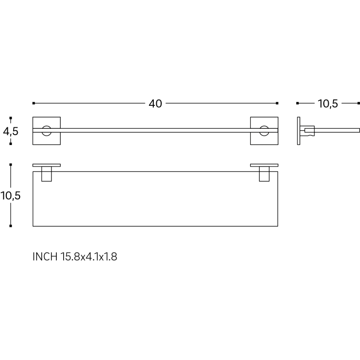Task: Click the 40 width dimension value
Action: click(x=155, y=103)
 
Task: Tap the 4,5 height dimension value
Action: click(x=11, y=131)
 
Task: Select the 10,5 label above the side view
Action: click(x=328, y=103)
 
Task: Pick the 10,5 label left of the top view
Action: click(x=11, y=195)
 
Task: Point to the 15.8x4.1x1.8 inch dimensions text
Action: click(x=89, y=256)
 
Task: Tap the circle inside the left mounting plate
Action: click(x=47, y=131)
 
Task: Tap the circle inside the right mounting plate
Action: click(x=264, y=131)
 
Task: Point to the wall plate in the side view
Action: click(x=299, y=131)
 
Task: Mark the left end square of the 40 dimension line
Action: click(x=33, y=103)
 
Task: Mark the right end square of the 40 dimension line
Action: click(x=277, y=103)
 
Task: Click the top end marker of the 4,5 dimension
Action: click(x=11, y=118)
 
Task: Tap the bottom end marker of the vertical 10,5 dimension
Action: click(x=11, y=226)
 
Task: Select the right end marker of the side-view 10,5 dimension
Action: click(x=359, y=103)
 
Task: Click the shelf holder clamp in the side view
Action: click(x=308, y=131)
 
